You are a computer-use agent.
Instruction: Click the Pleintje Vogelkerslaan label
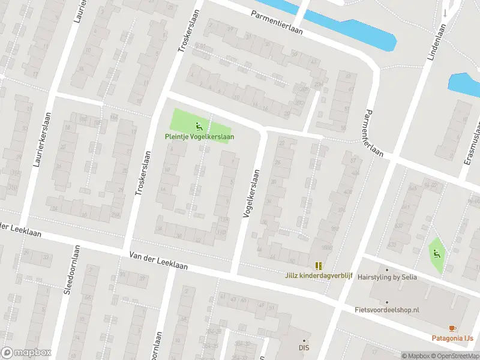[199, 137]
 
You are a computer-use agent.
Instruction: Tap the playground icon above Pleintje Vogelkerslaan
[199, 126]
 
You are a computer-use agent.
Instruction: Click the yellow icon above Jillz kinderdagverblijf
[318, 265]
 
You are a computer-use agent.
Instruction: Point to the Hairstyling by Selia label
[386, 277]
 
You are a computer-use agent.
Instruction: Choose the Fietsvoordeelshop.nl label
[388, 310]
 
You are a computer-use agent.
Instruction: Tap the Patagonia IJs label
[452, 338]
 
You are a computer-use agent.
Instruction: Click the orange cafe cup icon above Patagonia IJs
[452, 328]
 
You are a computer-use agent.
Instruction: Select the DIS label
[304, 347]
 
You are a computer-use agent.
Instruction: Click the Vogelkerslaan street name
[251, 193]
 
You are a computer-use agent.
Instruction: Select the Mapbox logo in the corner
[26, 353]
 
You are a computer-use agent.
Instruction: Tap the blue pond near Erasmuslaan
[464, 85]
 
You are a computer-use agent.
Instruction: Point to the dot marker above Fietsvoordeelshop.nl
[387, 302]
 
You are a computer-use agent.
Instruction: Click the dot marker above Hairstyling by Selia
[386, 269]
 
